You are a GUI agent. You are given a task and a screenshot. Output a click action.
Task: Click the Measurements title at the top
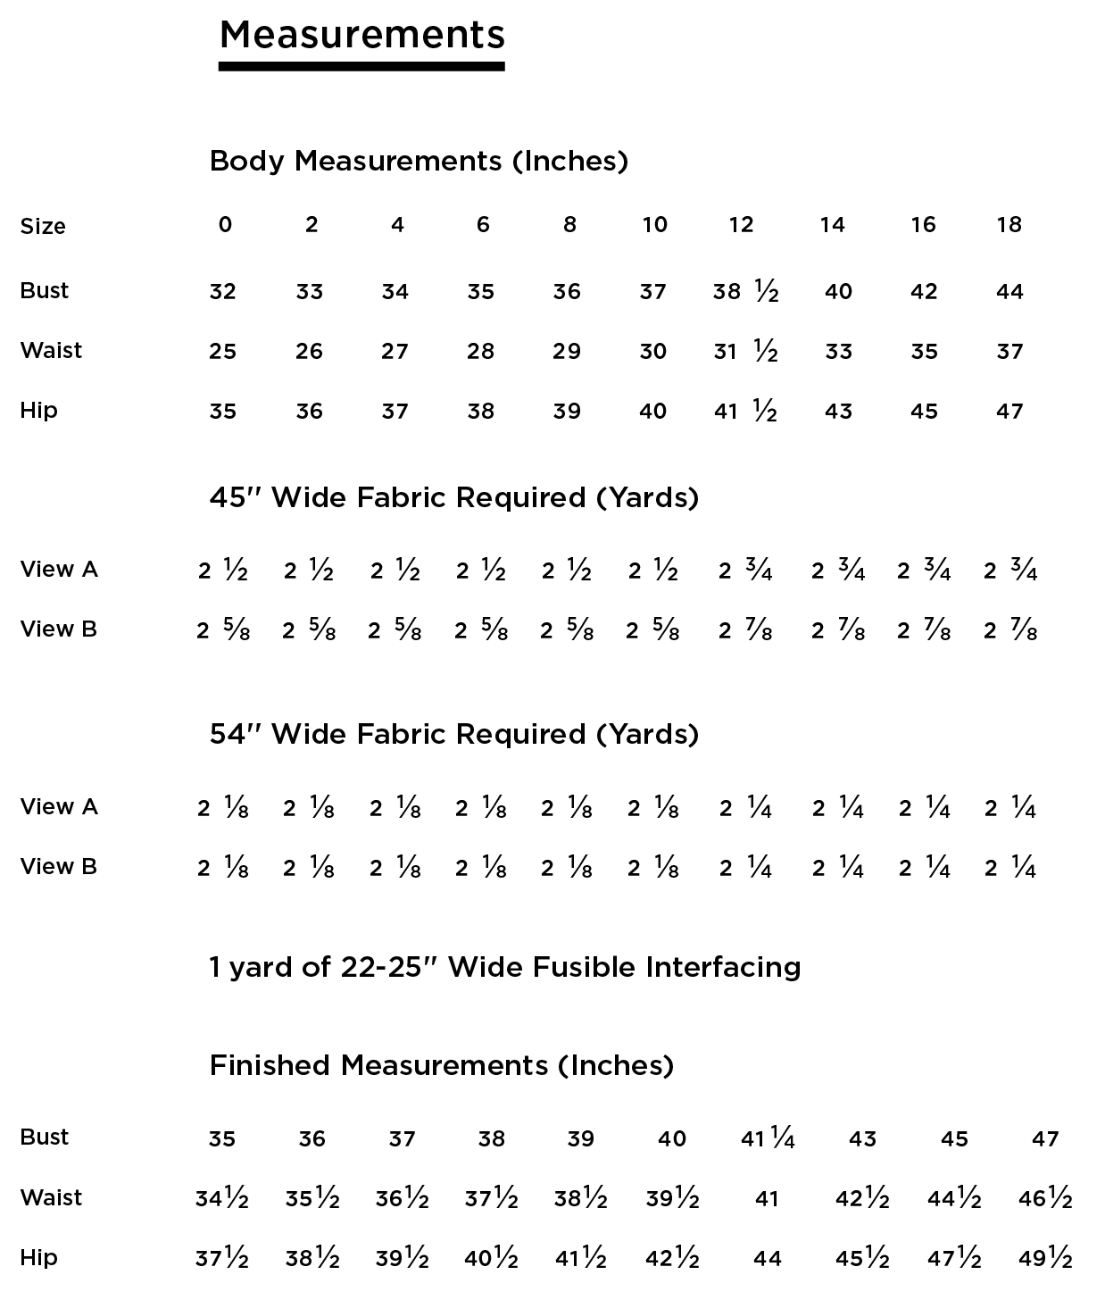(361, 34)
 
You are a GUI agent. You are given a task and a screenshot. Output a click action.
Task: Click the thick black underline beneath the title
(361, 66)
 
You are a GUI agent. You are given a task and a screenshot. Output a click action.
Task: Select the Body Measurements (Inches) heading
(419, 161)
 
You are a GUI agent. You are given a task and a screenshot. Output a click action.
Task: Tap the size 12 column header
(741, 224)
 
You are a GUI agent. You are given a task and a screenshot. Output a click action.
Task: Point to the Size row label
(43, 226)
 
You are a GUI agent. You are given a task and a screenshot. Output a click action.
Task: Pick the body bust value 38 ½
(745, 291)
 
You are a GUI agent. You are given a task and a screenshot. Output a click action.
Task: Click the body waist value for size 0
(222, 351)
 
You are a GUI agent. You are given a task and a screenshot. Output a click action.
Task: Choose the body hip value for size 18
(1009, 411)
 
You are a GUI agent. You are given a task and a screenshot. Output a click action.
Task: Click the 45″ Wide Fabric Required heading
(453, 497)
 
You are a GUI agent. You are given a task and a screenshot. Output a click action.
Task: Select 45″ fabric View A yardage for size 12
(745, 570)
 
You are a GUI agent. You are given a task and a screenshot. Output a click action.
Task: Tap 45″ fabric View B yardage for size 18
(1010, 630)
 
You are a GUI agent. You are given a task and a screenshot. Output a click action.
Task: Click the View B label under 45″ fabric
(58, 629)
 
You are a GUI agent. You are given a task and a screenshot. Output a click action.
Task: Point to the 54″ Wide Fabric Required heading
(453, 734)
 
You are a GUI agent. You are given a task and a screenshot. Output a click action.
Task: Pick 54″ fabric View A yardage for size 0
(222, 808)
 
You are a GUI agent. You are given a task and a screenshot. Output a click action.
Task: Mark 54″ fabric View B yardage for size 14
(837, 868)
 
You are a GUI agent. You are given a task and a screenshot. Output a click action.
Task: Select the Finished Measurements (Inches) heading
(441, 1065)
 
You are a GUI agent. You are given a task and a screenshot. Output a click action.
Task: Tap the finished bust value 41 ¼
(767, 1138)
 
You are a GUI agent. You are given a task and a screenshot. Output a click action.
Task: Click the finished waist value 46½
(1044, 1198)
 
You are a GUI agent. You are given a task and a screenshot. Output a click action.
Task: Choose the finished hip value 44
(767, 1258)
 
